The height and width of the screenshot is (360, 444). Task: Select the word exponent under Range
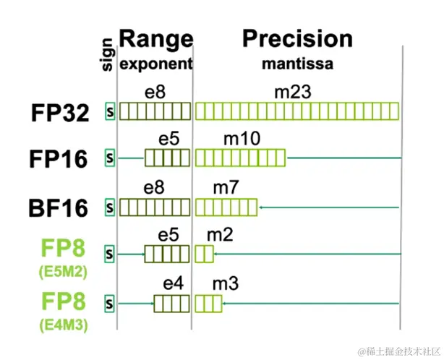coord(156,64)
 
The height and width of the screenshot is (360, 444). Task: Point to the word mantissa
coord(297,64)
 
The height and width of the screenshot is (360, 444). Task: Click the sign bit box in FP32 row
coord(110,111)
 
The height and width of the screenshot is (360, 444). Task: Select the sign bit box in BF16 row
coord(110,207)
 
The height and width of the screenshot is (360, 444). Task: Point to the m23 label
coord(296,91)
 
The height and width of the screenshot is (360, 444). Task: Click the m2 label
coord(219,236)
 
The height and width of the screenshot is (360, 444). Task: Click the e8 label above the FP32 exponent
coord(154,91)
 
